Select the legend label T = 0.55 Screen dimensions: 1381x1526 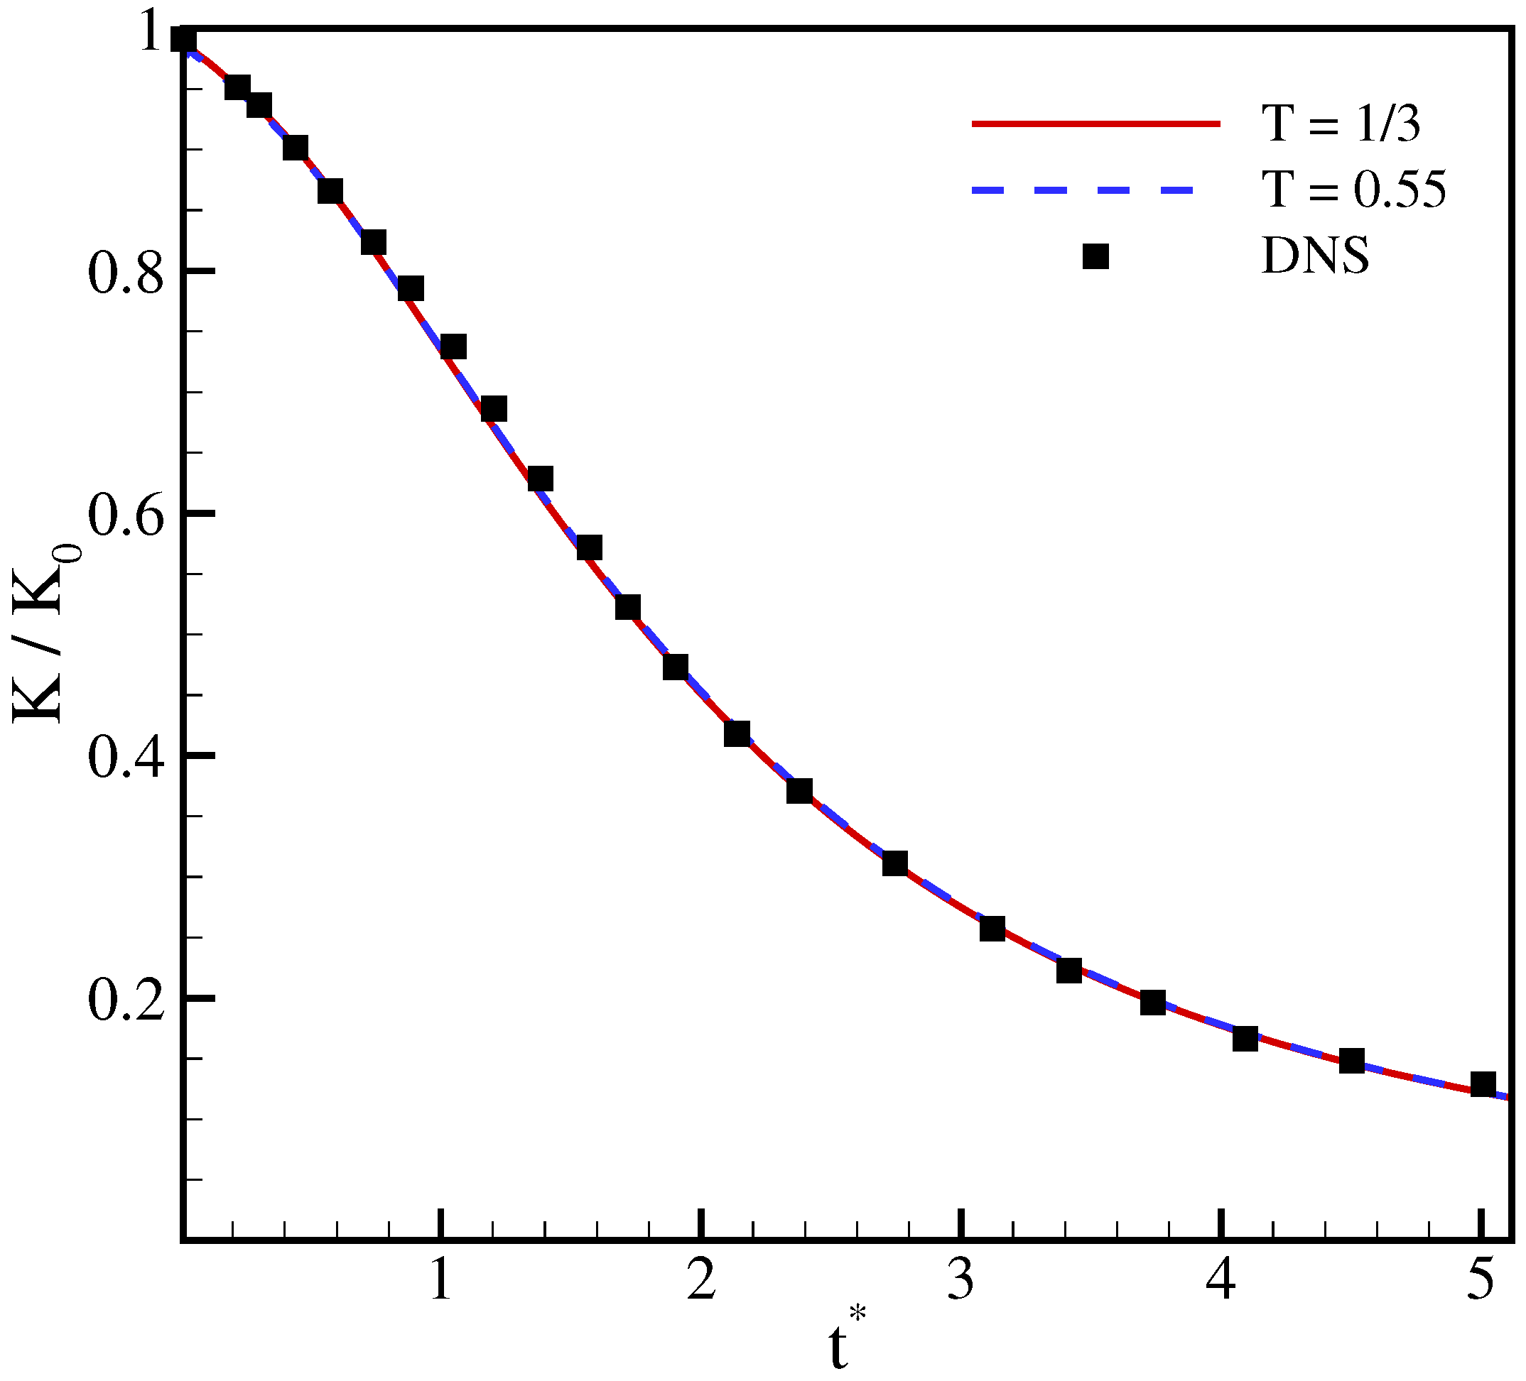tap(1353, 189)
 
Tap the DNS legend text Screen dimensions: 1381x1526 tap(1315, 256)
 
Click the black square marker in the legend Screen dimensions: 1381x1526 tap(1095, 256)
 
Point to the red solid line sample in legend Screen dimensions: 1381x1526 tap(1096, 124)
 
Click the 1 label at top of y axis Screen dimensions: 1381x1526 tap(152, 34)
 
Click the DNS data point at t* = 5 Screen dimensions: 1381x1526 tap(1483, 1084)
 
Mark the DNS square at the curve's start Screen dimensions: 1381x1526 tap(184, 39)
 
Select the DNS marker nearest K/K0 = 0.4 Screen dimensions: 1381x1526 tap(737, 733)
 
